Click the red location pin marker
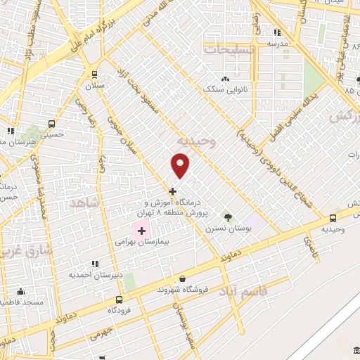[181, 165]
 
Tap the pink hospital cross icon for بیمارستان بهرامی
[141, 230]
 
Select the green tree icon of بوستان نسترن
[227, 215]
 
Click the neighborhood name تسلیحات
[224, 50]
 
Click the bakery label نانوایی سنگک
[223, 89]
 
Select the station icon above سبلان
[94, 74]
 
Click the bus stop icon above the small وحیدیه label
[332, 219]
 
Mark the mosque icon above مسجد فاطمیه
[20, 291]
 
